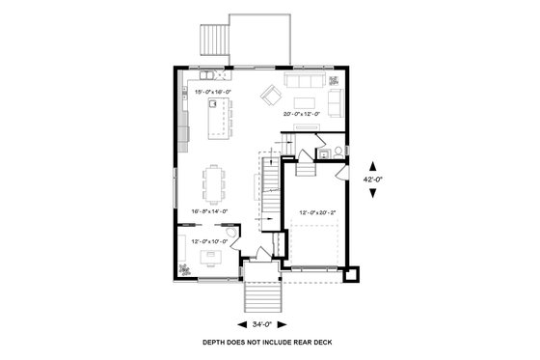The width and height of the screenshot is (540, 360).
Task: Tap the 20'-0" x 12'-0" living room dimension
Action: [303, 114]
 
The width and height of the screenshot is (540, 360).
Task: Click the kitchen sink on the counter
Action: [206, 73]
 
